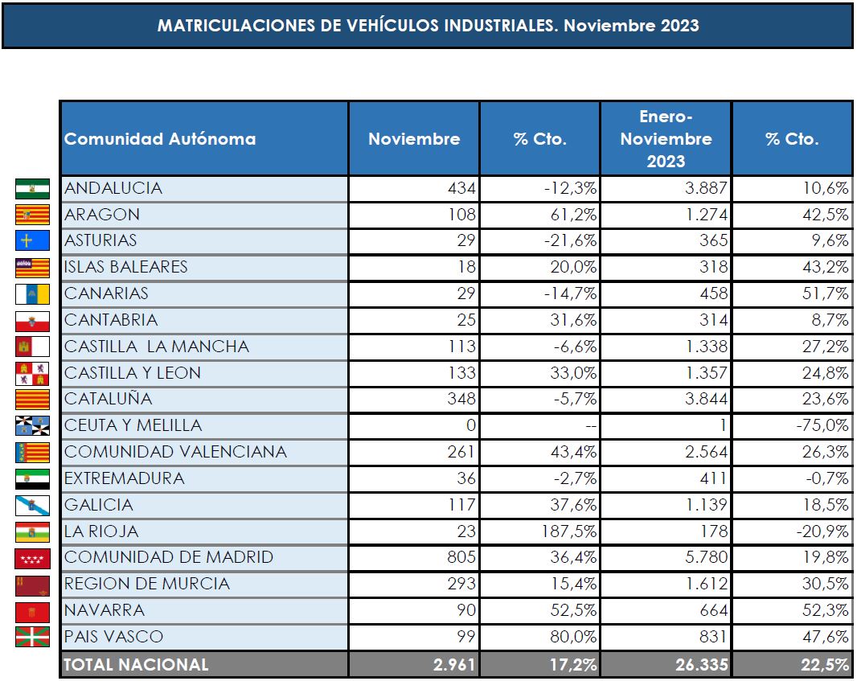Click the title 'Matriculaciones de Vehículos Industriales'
(x=428, y=25)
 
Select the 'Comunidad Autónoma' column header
(x=160, y=138)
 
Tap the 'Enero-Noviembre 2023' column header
(x=666, y=138)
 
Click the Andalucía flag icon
(x=32, y=189)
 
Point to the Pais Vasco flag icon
(x=32, y=637)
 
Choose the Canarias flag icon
(x=32, y=294)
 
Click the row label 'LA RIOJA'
(x=101, y=531)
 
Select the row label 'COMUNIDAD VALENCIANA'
(x=175, y=452)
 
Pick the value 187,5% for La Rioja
(x=569, y=531)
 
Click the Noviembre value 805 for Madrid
(x=461, y=557)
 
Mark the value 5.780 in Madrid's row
(x=704, y=557)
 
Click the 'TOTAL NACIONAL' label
(x=137, y=664)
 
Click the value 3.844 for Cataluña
(x=704, y=399)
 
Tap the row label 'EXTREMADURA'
(x=124, y=478)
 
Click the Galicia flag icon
(x=32, y=505)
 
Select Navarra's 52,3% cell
(x=825, y=611)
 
